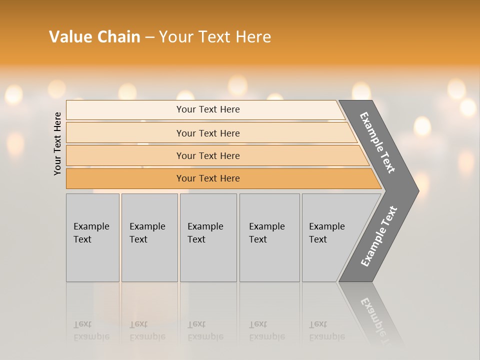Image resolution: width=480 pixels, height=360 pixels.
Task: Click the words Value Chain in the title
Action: (x=94, y=37)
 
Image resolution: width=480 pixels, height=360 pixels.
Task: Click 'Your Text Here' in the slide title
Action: (x=215, y=37)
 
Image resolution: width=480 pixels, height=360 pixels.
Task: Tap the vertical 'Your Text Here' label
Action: (x=57, y=143)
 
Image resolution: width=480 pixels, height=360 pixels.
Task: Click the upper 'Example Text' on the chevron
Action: (x=377, y=142)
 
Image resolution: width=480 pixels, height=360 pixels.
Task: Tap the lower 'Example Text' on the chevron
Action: (x=378, y=236)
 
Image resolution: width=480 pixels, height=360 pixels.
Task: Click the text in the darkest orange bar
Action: (x=208, y=178)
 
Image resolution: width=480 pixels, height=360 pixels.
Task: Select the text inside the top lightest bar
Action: (x=208, y=109)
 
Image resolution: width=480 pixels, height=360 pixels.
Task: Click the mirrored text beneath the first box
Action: (x=91, y=330)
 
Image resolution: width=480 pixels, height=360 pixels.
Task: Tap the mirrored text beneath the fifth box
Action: (x=327, y=330)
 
